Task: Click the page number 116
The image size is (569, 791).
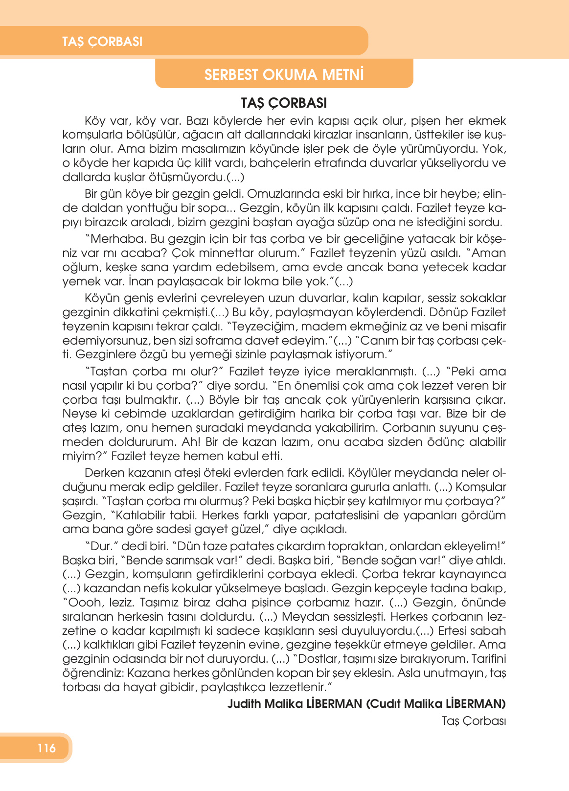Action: coord(46,748)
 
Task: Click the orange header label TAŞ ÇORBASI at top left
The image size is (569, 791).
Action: coord(102,42)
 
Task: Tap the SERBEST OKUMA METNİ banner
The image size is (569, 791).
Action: coord(284,75)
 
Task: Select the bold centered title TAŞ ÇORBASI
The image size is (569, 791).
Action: coord(284,103)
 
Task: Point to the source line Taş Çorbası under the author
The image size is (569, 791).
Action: coord(473,721)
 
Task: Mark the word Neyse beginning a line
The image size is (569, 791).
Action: coord(79,414)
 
